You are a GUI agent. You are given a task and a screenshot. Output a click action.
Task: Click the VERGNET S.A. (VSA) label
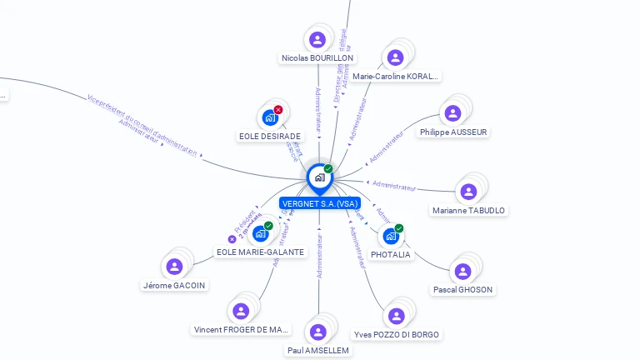pyautogui.click(x=319, y=203)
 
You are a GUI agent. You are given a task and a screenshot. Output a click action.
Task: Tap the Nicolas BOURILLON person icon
pyautogui.click(x=317, y=39)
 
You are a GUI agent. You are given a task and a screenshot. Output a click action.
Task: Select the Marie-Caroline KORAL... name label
pyautogui.click(x=395, y=76)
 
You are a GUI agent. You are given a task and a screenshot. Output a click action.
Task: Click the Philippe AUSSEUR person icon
pyautogui.click(x=453, y=113)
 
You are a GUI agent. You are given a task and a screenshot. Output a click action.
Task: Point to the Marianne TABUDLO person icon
pyautogui.click(x=468, y=192)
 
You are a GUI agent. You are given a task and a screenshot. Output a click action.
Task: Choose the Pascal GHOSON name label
pyautogui.click(x=462, y=290)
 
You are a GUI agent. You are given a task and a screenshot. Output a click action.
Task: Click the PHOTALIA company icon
pyautogui.click(x=390, y=236)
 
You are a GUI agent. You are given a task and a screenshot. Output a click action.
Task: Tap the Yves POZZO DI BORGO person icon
pyautogui.click(x=396, y=316)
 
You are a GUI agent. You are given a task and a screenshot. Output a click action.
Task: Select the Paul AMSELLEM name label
pyautogui.click(x=317, y=351)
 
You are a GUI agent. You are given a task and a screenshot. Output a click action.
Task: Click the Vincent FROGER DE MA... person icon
pyautogui.click(x=241, y=311)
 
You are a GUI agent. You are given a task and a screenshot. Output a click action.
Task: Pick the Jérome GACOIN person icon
pyautogui.click(x=174, y=266)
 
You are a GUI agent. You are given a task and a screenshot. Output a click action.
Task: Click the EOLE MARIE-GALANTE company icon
pyautogui.click(x=260, y=233)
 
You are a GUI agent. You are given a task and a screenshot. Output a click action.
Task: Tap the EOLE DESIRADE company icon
pyautogui.click(x=269, y=117)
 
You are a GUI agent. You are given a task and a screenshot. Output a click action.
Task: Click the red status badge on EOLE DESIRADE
pyautogui.click(x=278, y=110)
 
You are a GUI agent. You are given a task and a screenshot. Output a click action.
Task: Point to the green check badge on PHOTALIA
pyautogui.click(x=399, y=228)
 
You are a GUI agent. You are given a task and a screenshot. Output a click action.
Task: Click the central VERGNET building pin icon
pyautogui.click(x=319, y=177)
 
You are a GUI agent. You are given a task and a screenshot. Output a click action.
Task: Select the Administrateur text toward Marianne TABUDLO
pyautogui.click(x=394, y=185)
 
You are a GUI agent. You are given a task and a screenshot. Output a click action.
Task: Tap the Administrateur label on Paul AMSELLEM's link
pyautogui.click(x=319, y=257)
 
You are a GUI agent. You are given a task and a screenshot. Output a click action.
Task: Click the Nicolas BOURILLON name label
pyautogui.click(x=317, y=58)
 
